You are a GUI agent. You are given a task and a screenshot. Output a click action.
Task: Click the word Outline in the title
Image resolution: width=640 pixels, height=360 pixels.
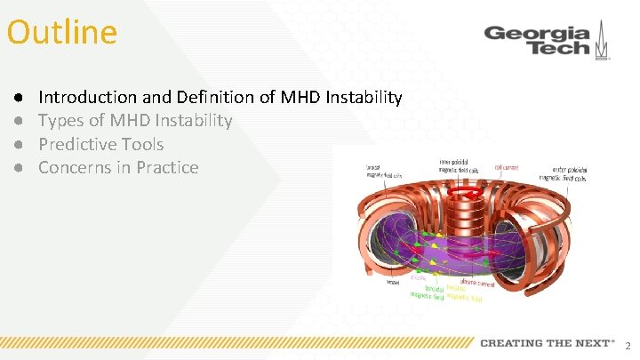[61, 33]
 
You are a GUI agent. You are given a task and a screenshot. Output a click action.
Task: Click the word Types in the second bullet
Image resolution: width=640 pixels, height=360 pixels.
[61, 121]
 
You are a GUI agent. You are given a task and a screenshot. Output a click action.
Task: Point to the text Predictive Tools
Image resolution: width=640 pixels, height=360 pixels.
[100, 144]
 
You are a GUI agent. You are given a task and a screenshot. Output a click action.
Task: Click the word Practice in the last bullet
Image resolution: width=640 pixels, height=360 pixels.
[167, 168]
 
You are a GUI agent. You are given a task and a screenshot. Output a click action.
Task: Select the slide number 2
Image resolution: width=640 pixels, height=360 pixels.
[628, 345]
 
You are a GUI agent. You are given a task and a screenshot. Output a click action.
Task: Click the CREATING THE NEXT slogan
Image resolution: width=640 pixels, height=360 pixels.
[547, 343]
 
